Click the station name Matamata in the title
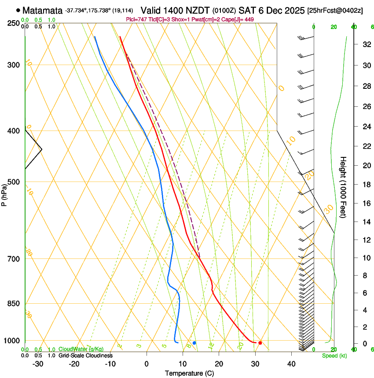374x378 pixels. tap(42, 10)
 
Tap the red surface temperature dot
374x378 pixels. tap(260, 343)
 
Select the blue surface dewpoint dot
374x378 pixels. tap(194, 343)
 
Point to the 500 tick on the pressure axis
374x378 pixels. tap(13, 182)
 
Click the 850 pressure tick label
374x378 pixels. tap(13, 303)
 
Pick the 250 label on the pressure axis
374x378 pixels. tap(13, 23)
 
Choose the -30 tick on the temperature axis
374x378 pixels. tap(38, 364)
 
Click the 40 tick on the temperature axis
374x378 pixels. tap(291, 364)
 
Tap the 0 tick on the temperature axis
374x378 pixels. tap(147, 364)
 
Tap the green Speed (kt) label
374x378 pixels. tap(334, 356)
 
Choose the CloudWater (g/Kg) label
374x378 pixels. tap(81, 349)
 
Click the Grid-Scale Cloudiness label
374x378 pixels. tap(85, 356)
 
